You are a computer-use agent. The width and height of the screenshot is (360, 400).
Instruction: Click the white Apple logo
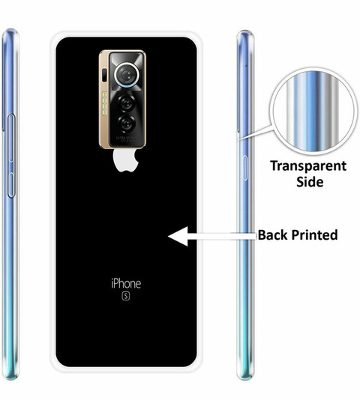point(126,160)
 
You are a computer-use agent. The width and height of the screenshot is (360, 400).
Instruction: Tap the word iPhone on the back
point(126,283)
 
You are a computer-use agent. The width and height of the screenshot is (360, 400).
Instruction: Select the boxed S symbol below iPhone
point(126,296)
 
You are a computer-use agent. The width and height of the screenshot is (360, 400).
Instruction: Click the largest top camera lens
point(127,74)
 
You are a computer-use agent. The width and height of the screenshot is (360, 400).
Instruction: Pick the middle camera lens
point(126,103)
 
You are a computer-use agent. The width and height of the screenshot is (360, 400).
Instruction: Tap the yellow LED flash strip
point(104,103)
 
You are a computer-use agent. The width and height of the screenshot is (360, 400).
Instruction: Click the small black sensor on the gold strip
point(104,75)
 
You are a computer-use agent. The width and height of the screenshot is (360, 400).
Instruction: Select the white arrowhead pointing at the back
point(178,236)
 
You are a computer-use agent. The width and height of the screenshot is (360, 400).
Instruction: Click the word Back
point(272,234)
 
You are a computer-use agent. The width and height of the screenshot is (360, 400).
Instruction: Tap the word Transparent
point(308,166)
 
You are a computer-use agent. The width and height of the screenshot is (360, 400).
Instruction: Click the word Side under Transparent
point(310,182)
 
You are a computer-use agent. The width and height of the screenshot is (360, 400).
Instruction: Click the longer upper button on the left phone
point(11,139)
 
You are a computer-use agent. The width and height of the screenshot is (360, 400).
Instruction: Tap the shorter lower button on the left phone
point(11,185)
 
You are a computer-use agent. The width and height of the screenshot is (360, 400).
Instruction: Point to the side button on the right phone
point(244,168)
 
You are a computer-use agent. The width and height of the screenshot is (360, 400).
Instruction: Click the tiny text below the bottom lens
point(125,139)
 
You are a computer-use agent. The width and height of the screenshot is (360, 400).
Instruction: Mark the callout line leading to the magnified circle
point(256,133)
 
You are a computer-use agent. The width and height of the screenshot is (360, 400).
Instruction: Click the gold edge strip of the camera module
point(103,100)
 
